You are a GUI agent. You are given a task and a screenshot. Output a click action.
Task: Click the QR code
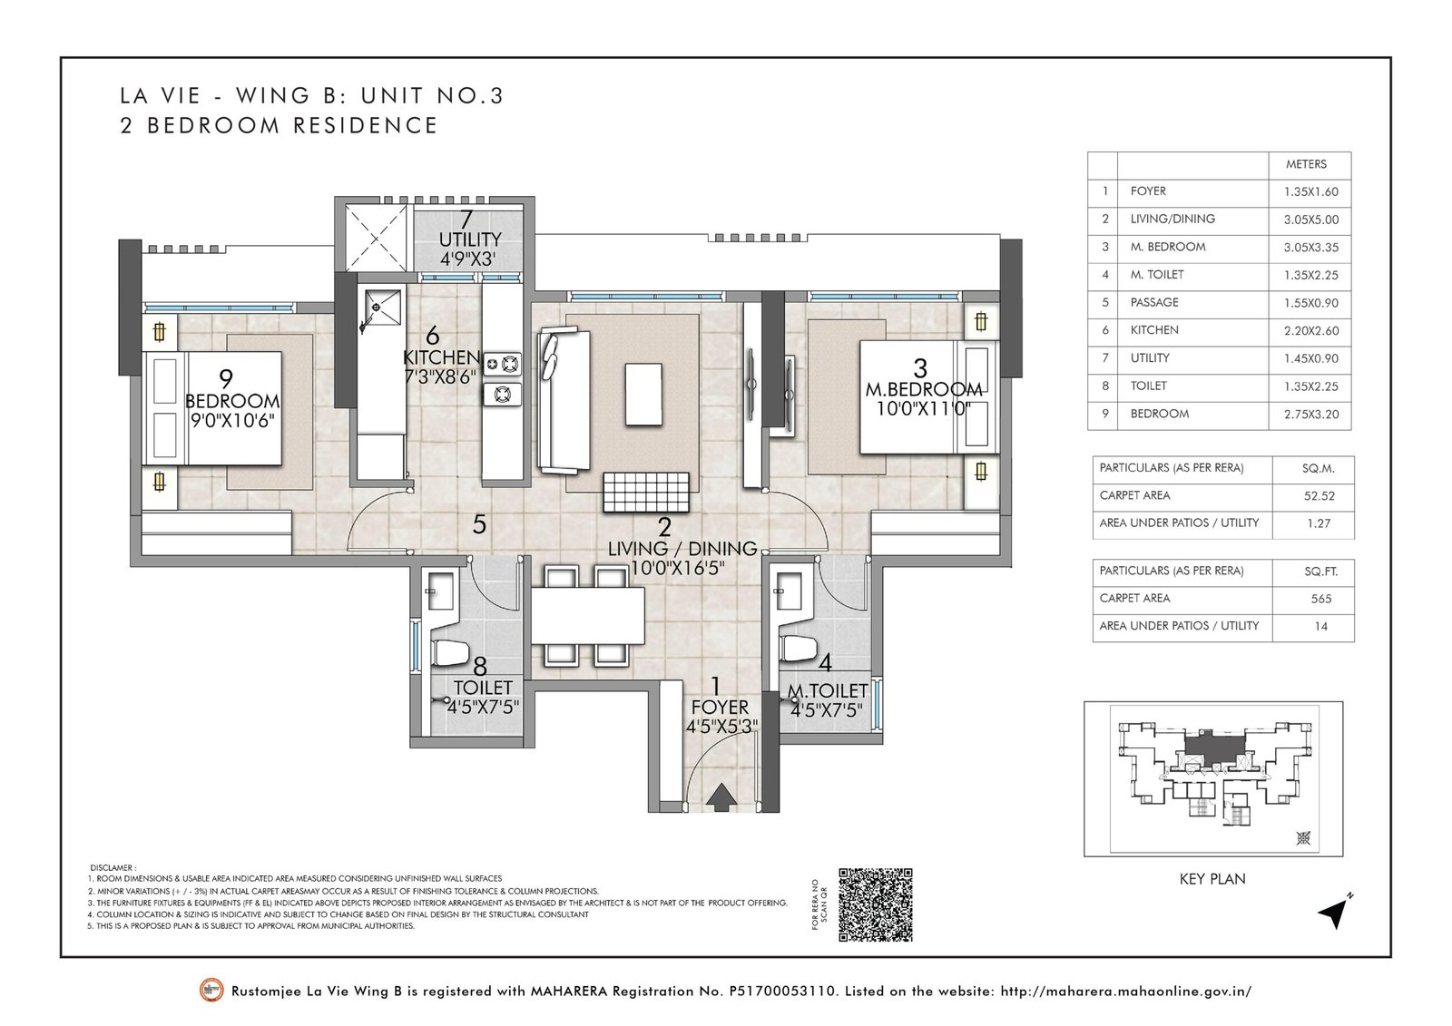point(875,904)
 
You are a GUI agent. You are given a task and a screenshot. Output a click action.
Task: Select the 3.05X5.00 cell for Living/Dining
point(1310,219)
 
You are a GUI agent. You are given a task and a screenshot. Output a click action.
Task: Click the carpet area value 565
point(1320,599)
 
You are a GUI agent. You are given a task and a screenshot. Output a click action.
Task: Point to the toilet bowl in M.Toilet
point(799,649)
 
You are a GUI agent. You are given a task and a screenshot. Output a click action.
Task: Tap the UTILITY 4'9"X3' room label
point(469,240)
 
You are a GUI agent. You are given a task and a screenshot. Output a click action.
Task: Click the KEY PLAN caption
point(1212,878)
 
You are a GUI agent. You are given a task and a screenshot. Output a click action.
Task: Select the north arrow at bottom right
point(1333,914)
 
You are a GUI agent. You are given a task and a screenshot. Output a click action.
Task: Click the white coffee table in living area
point(643,393)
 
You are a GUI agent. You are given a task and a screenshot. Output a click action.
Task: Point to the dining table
point(587,615)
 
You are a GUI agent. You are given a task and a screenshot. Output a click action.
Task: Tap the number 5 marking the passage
point(479,523)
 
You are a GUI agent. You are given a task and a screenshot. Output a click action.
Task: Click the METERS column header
point(1306,164)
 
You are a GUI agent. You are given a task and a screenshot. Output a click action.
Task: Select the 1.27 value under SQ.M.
point(1319,523)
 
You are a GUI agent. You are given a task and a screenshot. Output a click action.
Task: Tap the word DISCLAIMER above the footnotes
point(113,867)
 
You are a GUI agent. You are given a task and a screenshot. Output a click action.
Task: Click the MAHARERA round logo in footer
point(211,991)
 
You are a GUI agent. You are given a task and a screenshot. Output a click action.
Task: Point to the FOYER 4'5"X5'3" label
point(721,716)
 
